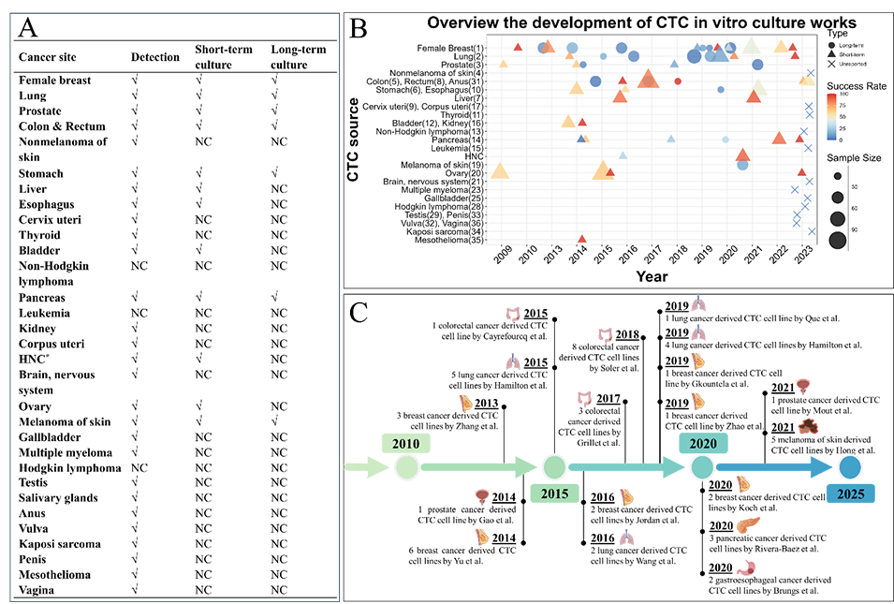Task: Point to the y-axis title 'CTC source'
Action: pos(353,144)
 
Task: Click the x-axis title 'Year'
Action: pos(652,276)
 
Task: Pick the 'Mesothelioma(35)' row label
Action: pos(450,240)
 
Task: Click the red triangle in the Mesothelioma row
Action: pos(582,239)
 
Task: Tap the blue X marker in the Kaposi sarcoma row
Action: pos(812,231)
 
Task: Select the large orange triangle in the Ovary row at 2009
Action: pos(500,171)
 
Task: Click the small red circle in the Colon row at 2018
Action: pos(678,81)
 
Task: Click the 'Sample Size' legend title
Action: pos(853,157)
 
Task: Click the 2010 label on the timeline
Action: pos(406,442)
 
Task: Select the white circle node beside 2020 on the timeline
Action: pos(702,465)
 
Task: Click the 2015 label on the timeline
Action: pos(554,493)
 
